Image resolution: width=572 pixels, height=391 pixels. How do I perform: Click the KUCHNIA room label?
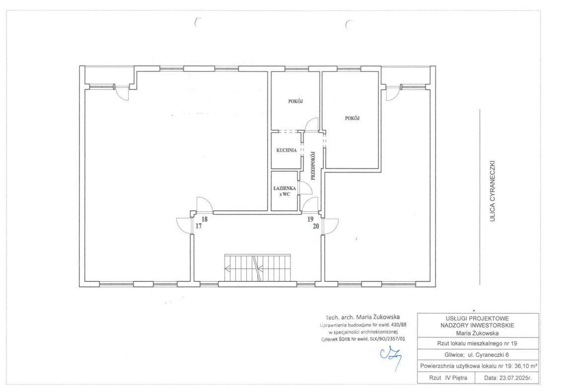click(286, 150)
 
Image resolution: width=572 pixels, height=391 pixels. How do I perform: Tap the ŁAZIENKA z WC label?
click(285, 192)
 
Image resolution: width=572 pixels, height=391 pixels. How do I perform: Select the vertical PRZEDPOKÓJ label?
click(313, 166)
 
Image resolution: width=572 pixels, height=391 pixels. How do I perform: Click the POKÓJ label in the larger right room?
click(352, 118)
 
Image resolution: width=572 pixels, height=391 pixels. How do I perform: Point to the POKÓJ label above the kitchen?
click(295, 101)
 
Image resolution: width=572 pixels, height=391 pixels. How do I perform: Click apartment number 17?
click(199, 226)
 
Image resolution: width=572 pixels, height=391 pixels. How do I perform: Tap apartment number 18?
click(205, 219)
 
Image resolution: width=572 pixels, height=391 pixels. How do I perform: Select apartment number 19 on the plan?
click(310, 219)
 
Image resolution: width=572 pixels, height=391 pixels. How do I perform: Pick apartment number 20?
click(316, 226)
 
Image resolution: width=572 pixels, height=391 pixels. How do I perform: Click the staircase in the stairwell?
click(258, 268)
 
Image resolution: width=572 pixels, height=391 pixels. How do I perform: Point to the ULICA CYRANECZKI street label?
click(492, 191)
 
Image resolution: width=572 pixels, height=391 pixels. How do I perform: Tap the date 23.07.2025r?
click(507, 378)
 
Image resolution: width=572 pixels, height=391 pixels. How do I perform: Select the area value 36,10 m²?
click(526, 366)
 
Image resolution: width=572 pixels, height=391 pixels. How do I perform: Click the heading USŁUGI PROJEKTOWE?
click(477, 318)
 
